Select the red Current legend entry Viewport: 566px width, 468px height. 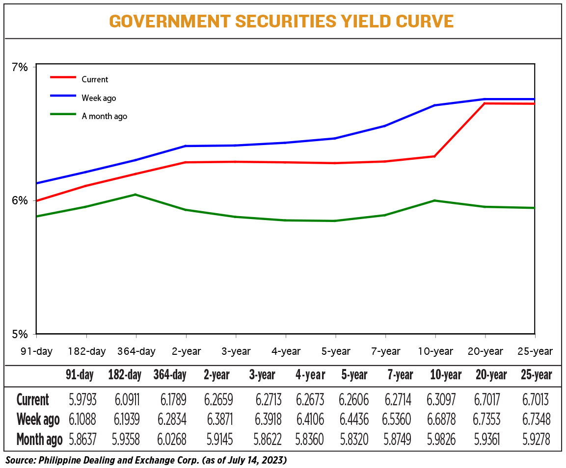pos(79,79)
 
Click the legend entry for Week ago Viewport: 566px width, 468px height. pos(83,98)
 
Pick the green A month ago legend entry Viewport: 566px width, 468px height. pos(88,116)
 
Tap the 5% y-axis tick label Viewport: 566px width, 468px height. pos(20,334)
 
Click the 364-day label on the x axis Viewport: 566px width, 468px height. pos(136,351)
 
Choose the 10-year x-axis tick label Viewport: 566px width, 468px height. pos(435,351)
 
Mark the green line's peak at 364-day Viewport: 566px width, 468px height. pos(135,195)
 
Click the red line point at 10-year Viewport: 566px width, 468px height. pos(434,156)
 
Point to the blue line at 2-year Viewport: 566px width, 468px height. pos(186,146)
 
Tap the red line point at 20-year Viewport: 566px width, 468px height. pos(485,103)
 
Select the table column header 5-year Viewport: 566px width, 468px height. pos(354,375)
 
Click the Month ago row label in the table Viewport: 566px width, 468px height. pos(39,440)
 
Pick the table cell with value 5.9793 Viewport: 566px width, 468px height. pos(82,399)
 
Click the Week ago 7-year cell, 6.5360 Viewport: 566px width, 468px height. pos(396,419)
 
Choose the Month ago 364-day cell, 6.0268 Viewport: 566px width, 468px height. pos(172,440)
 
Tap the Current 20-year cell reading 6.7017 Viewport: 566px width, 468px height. pos(487,399)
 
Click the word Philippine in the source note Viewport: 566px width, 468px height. pos(60,461)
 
